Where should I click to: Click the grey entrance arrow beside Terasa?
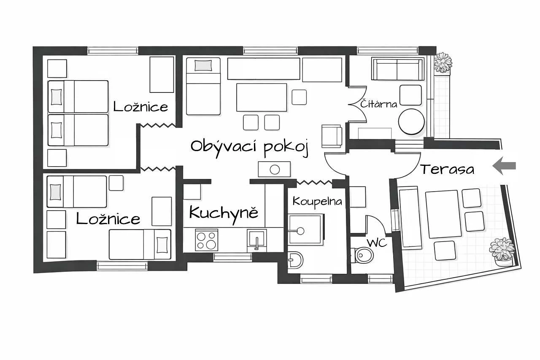click(504, 166)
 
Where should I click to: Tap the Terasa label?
click(447, 169)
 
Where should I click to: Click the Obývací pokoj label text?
click(250, 147)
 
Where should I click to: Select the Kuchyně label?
click(224, 214)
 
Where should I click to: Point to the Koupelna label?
click(317, 202)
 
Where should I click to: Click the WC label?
click(377, 243)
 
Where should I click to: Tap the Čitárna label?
click(379, 104)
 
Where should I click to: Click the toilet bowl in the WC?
click(364, 255)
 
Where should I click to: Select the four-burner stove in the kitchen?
click(207, 240)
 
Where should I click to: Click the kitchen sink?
click(257, 240)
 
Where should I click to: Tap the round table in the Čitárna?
click(411, 122)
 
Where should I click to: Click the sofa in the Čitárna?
click(398, 69)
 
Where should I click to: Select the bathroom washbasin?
click(295, 260)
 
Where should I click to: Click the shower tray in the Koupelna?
click(306, 229)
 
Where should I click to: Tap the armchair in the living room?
click(332, 136)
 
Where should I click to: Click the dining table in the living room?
click(262, 97)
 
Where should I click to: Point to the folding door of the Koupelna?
click(314, 182)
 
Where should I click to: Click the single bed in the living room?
click(203, 86)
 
